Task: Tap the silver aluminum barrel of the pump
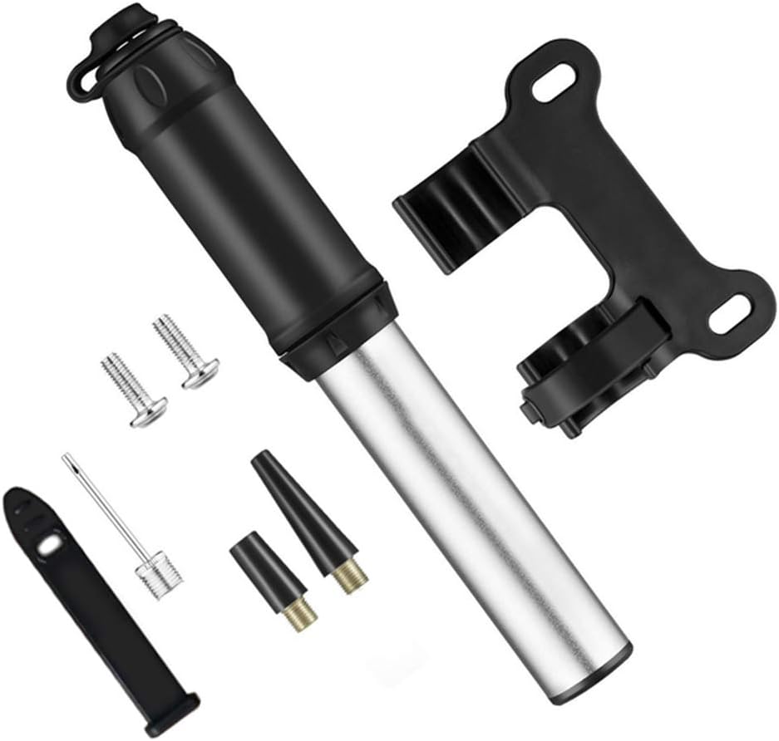(474, 498)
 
